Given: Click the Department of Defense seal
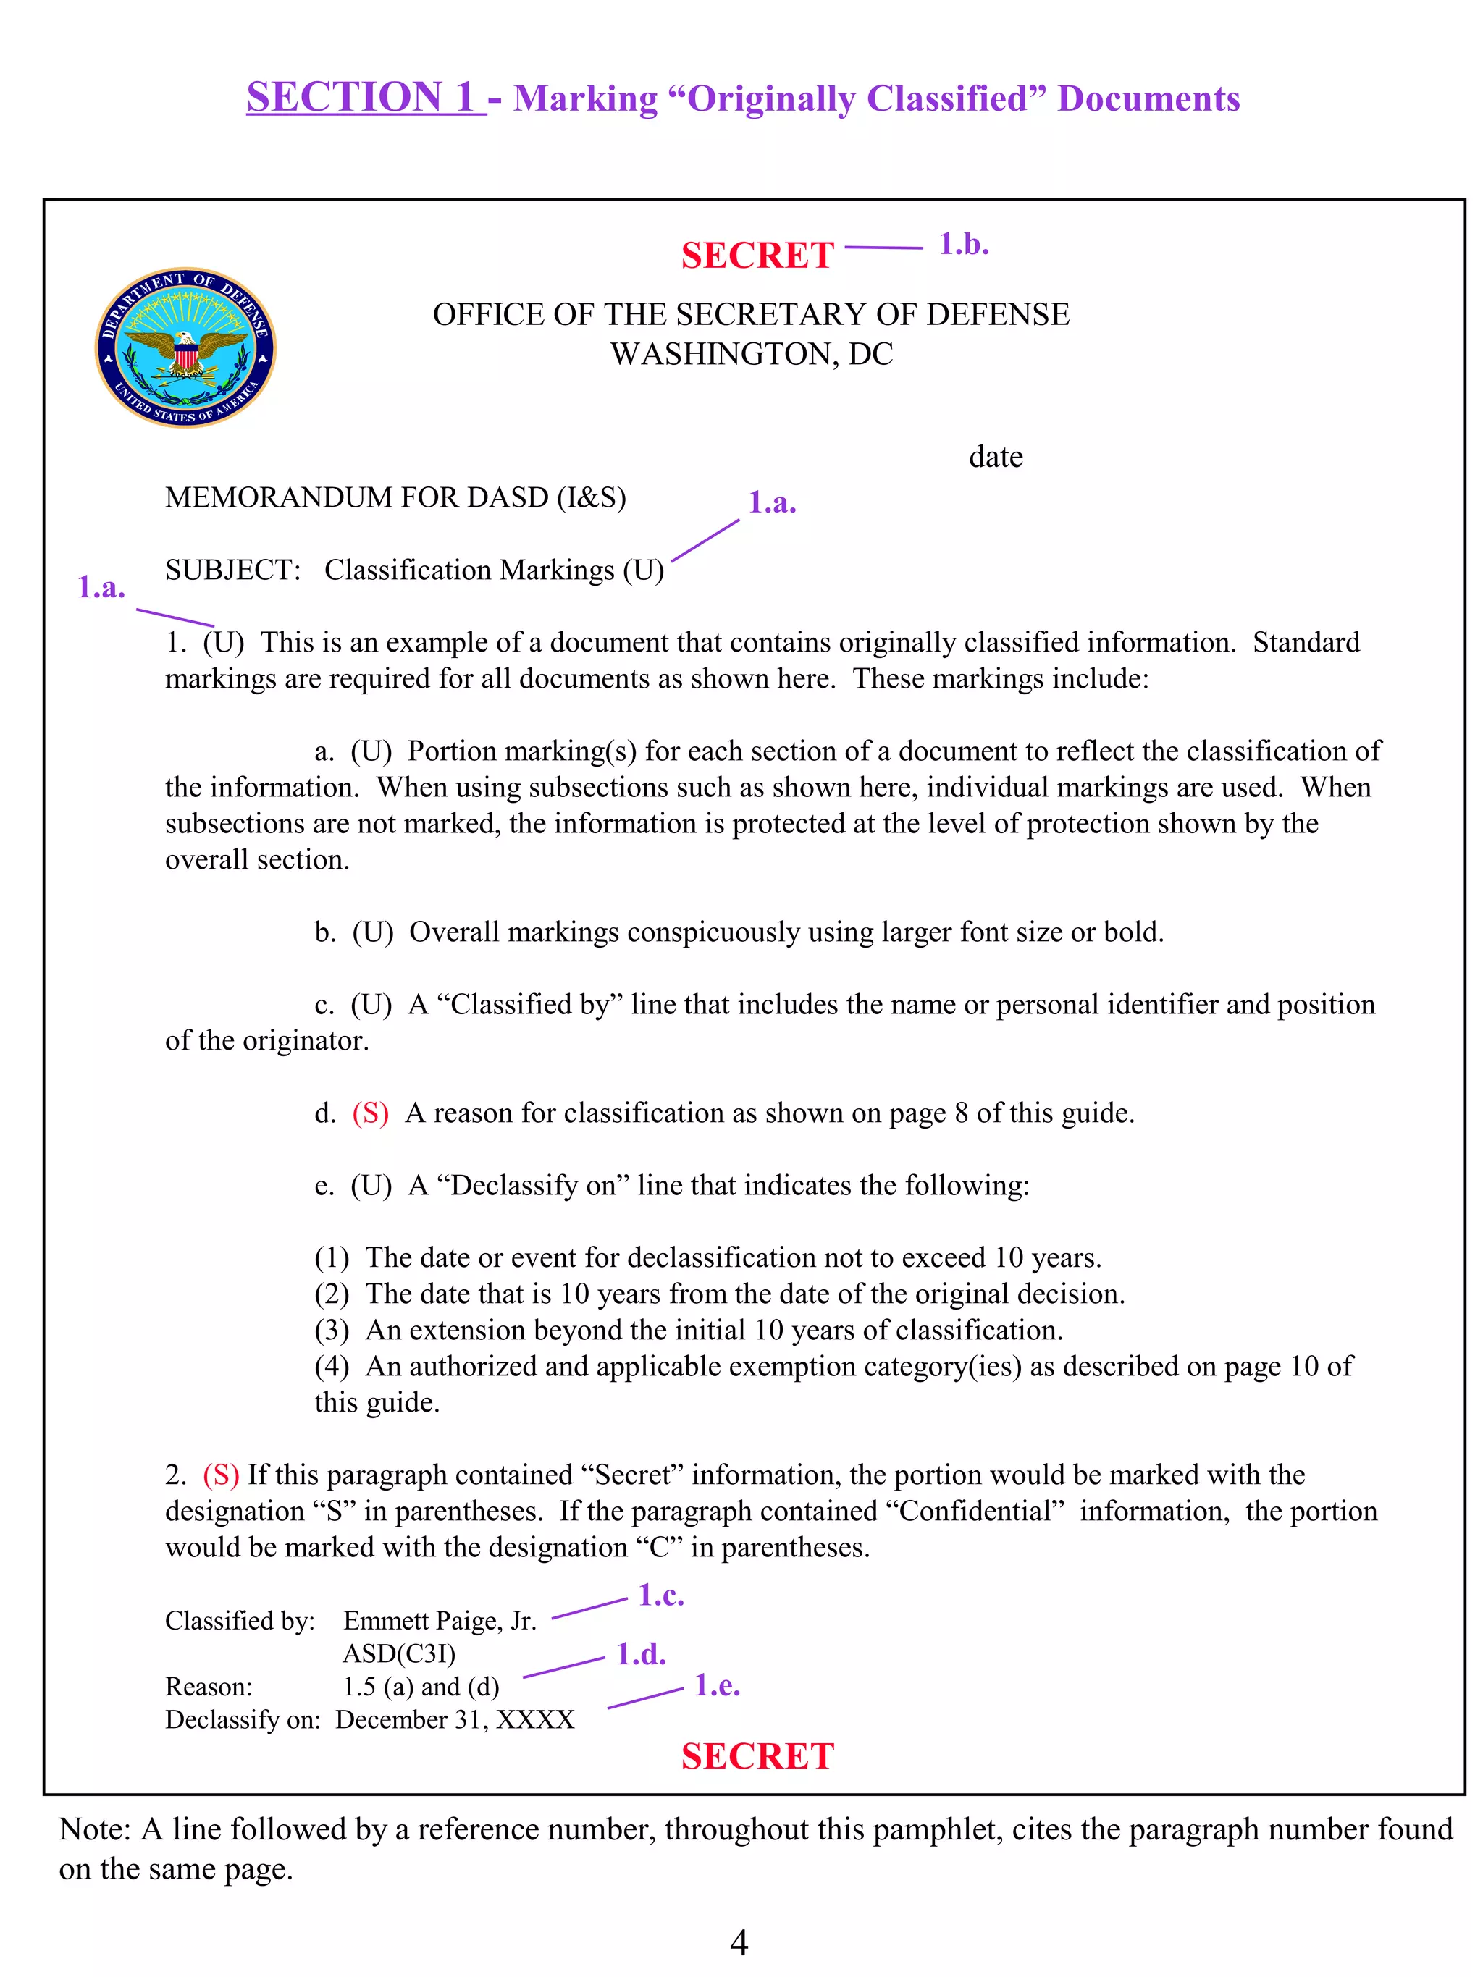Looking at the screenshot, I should point(185,347).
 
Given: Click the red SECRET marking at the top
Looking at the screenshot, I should point(756,256).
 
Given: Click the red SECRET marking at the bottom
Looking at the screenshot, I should point(756,1756).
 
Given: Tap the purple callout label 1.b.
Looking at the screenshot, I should point(963,244).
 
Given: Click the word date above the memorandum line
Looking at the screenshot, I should point(995,457).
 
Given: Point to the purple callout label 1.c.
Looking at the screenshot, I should point(660,1595).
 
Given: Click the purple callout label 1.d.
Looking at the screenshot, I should point(640,1653).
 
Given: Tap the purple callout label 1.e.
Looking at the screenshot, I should point(717,1686).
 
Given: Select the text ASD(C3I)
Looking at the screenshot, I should point(399,1653).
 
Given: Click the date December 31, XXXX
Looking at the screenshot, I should point(454,1719).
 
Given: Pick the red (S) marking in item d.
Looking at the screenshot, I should point(370,1113).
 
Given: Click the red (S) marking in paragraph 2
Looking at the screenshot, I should point(221,1475).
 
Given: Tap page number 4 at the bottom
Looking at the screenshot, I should point(739,1942).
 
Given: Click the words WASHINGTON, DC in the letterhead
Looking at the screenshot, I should point(751,354).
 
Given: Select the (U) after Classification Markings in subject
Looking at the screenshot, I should point(643,570).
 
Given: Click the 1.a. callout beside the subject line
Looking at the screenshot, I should point(771,502).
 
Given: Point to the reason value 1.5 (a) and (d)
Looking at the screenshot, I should point(420,1687).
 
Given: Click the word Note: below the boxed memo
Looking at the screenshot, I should point(96,1829).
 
